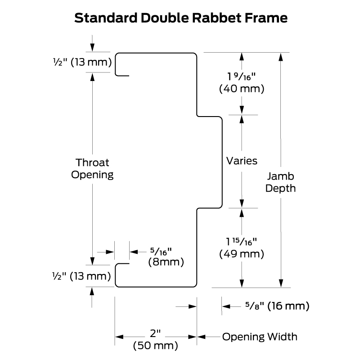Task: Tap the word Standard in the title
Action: tap(106, 18)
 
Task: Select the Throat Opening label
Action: tap(92, 169)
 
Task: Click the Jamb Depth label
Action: tap(280, 182)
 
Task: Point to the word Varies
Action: tap(242, 161)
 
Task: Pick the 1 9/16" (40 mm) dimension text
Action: tap(242, 83)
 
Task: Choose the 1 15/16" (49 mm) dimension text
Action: tap(242, 248)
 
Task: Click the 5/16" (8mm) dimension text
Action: tap(166, 257)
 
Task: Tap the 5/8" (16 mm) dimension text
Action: tap(277, 306)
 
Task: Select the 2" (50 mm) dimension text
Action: tap(155, 340)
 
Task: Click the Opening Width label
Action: tap(260, 337)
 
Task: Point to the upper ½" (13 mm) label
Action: tap(82, 62)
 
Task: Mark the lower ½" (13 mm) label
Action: tap(82, 276)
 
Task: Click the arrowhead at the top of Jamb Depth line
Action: tap(280, 57)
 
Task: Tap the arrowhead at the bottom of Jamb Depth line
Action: tap(280, 283)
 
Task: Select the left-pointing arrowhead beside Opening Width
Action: tap(201, 337)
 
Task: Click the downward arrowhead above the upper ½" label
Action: tap(92, 48)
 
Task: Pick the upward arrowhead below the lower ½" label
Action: tap(92, 291)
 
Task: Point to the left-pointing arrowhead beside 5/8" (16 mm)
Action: tap(226, 306)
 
